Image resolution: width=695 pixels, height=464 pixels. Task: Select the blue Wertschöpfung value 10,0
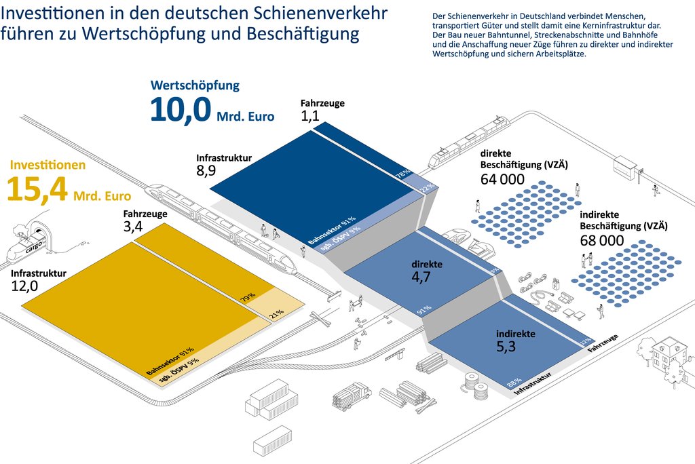click(x=181, y=110)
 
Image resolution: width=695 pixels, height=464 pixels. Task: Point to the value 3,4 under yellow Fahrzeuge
click(x=133, y=227)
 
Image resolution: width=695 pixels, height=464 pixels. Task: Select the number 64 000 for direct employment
click(x=502, y=179)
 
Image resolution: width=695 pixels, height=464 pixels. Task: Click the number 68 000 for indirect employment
click(x=602, y=240)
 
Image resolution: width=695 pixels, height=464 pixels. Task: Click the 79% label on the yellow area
click(x=247, y=296)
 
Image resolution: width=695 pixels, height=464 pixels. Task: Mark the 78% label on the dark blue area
click(x=403, y=175)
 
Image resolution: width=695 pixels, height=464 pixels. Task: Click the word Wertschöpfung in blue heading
click(x=195, y=85)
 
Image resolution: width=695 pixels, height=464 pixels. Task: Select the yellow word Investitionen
click(x=48, y=165)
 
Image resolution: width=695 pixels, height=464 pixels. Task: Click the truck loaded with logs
click(x=352, y=395)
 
